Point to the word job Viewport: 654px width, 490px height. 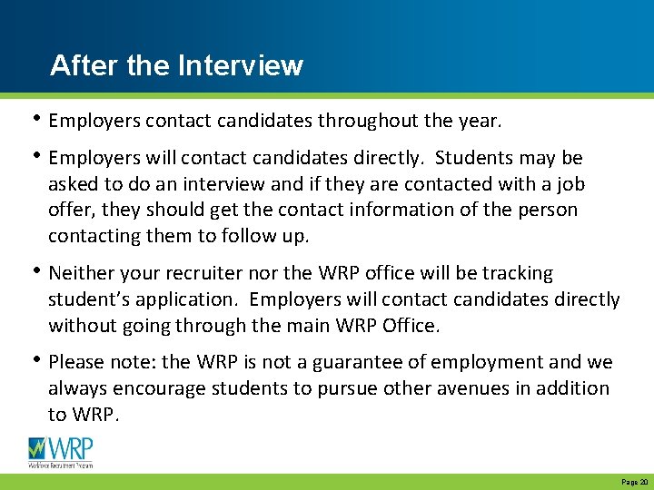(570, 185)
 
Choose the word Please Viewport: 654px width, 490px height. (78, 363)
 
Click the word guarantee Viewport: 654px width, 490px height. (349, 363)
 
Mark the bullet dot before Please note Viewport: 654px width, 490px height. (36, 361)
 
